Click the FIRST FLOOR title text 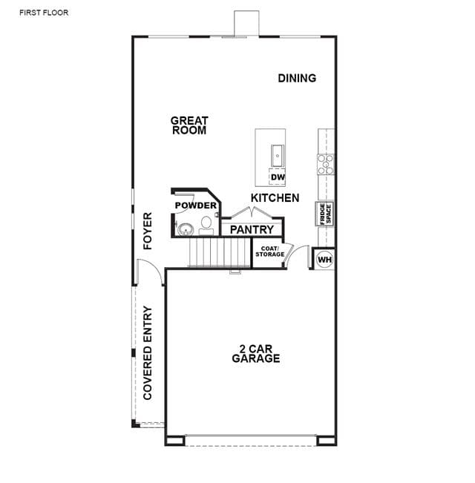point(44,13)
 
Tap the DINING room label point(297,78)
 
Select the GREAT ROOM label point(189,125)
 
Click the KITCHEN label point(275,198)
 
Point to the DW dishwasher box point(278,177)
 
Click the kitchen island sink point(278,156)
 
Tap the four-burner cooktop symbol point(326,164)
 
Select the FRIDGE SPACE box point(324,214)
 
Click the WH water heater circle point(324,260)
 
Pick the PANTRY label point(252,229)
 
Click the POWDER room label point(196,206)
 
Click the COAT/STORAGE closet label point(270,252)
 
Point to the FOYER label point(148,231)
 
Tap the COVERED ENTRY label point(148,352)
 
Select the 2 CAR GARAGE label point(255,354)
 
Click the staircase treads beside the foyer point(220,252)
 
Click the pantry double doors point(252,212)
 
